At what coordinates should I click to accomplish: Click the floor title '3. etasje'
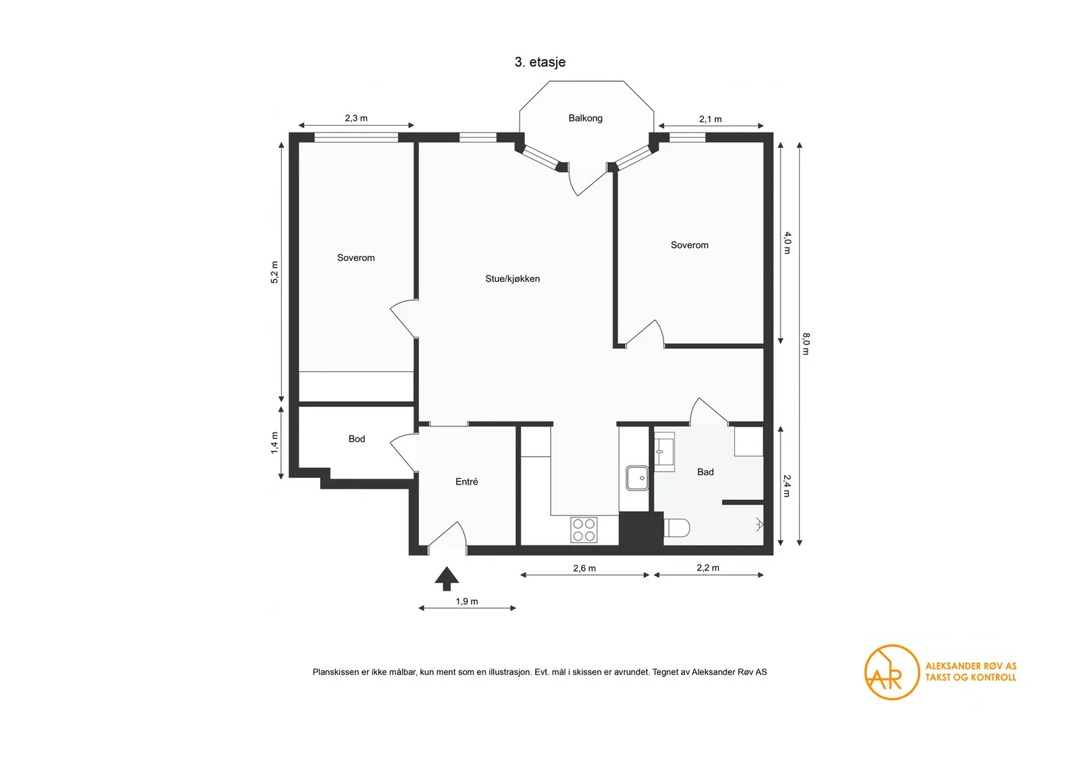click(x=540, y=62)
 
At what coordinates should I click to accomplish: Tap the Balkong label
click(x=585, y=118)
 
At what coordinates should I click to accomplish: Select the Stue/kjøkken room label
click(x=513, y=278)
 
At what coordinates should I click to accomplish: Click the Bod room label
click(x=357, y=439)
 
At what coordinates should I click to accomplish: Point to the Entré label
click(x=467, y=481)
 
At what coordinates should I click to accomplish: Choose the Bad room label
click(x=705, y=472)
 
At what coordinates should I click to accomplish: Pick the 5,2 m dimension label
click(x=274, y=272)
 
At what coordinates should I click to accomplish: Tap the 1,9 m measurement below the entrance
click(x=467, y=601)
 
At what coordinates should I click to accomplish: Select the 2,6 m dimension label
click(x=584, y=568)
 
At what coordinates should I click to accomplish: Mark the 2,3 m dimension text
click(x=356, y=118)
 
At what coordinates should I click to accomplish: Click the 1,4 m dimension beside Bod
click(x=274, y=443)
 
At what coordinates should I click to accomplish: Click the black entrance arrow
click(x=447, y=578)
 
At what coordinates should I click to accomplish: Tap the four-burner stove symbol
click(x=584, y=530)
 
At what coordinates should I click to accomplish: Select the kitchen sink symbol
click(x=637, y=478)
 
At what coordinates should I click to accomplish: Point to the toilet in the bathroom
click(x=676, y=528)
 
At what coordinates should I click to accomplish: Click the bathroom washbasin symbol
click(x=664, y=451)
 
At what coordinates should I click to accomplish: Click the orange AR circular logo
click(x=892, y=672)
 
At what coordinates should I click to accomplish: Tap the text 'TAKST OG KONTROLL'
click(x=970, y=677)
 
